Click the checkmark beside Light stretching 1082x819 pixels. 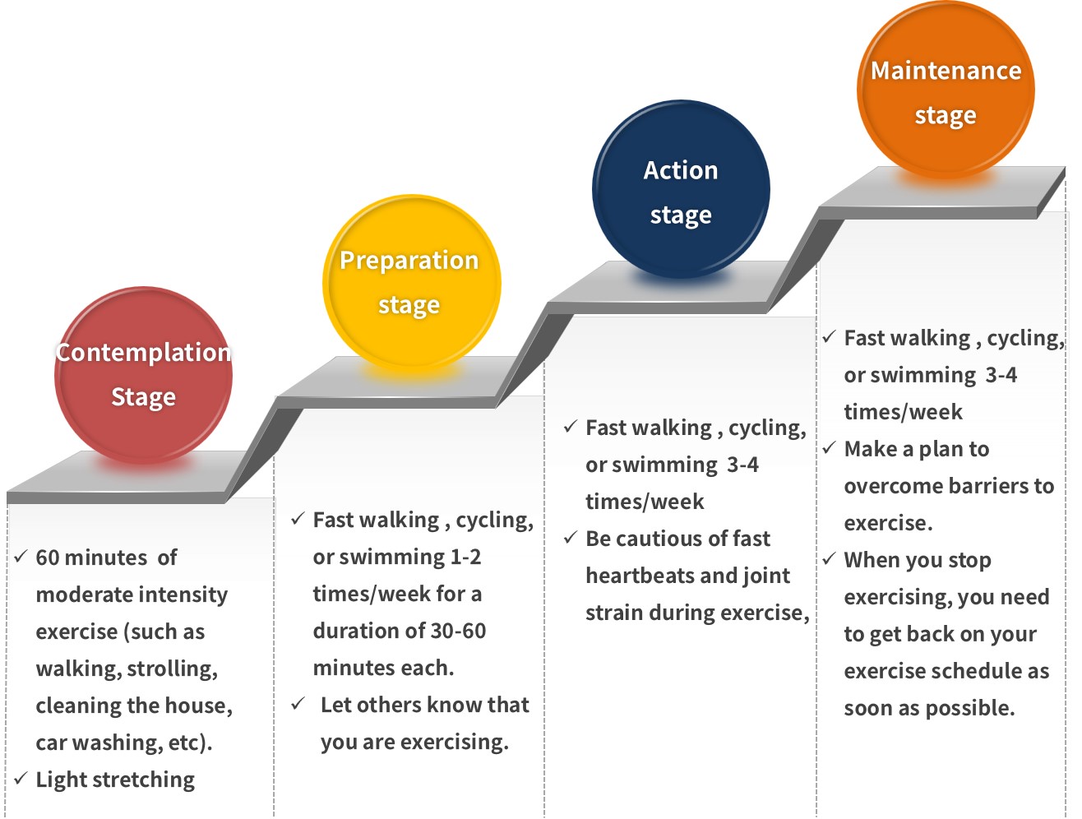pyautogui.click(x=21, y=778)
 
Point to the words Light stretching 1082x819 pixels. pyautogui.click(x=115, y=780)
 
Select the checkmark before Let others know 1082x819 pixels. pyautogui.click(x=298, y=704)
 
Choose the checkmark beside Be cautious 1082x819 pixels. pyautogui.click(x=571, y=538)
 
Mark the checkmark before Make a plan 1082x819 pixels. pyautogui.click(x=829, y=448)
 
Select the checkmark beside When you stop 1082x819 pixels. pyautogui.click(x=829, y=559)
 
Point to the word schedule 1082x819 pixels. pyautogui.click(x=957, y=671)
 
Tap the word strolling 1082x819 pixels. pyautogui.click(x=173, y=669)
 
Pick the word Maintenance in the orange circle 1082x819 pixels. pyautogui.click(x=946, y=71)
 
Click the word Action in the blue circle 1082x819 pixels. pyautogui.click(x=680, y=170)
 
